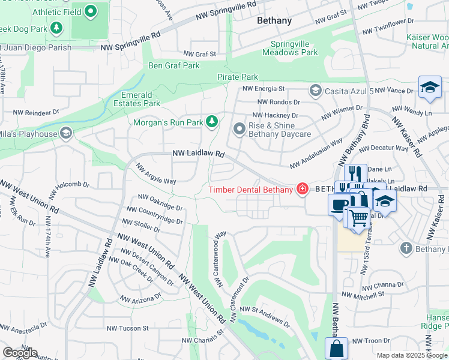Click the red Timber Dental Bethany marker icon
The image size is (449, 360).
point(303,190)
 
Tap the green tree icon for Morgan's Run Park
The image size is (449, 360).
point(211,122)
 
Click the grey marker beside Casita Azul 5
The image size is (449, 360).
point(315,91)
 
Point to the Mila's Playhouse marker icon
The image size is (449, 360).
point(66,133)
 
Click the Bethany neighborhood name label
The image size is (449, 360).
point(274,20)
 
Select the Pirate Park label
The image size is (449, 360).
point(238,77)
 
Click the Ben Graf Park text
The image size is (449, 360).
point(174,65)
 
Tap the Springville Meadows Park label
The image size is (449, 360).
point(294,48)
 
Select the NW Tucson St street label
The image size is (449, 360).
point(127,328)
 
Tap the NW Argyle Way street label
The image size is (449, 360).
point(155,173)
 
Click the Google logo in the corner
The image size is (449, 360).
point(20,353)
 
